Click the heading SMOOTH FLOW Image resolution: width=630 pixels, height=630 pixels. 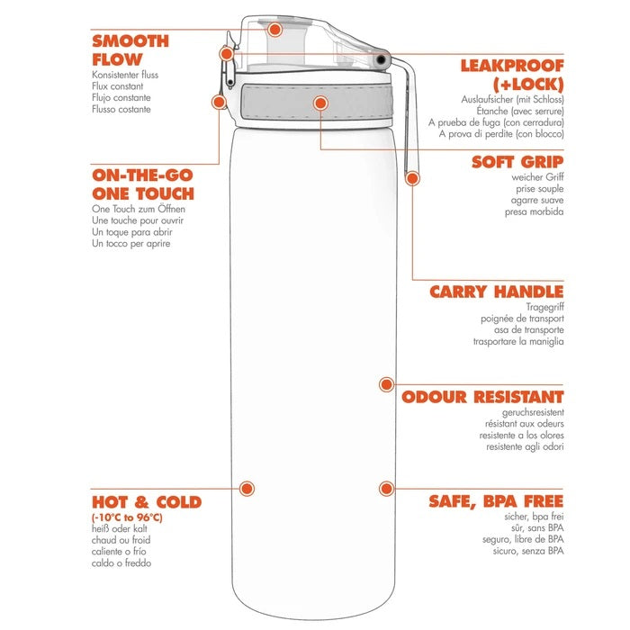pyautogui.click(x=130, y=49)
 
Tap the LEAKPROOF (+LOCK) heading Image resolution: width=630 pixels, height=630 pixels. pyautogui.click(x=512, y=75)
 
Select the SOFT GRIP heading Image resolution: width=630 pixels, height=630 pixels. pyautogui.click(x=517, y=162)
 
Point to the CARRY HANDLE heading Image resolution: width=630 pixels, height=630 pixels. pyautogui.click(x=496, y=292)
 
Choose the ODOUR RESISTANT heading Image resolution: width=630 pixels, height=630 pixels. pyautogui.click(x=482, y=396)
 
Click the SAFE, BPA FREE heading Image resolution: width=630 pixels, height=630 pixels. pyautogui.click(x=496, y=500)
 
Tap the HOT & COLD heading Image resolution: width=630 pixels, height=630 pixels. pyautogui.click(x=146, y=501)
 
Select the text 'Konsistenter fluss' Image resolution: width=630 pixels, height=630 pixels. pyautogui.click(x=125, y=75)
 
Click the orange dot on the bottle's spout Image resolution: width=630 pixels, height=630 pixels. pyautogui.click(x=276, y=29)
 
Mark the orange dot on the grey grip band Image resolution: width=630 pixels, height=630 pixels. pyautogui.click(x=319, y=103)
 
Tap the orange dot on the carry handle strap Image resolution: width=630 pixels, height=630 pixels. pyautogui.click(x=412, y=178)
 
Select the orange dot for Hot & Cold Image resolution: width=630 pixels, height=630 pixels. pyautogui.click(x=246, y=489)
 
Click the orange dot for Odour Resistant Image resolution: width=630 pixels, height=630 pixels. pyautogui.click(x=386, y=384)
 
